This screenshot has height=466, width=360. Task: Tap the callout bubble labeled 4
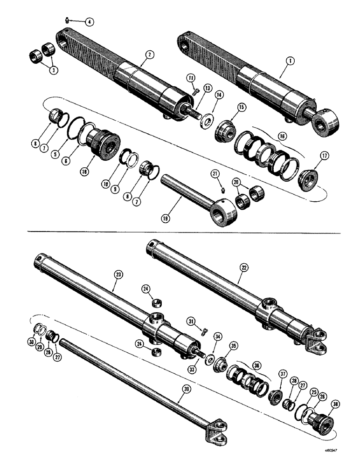click(89, 21)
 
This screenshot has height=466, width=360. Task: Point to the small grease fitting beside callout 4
click(67, 19)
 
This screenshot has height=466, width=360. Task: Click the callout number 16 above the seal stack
click(282, 137)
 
